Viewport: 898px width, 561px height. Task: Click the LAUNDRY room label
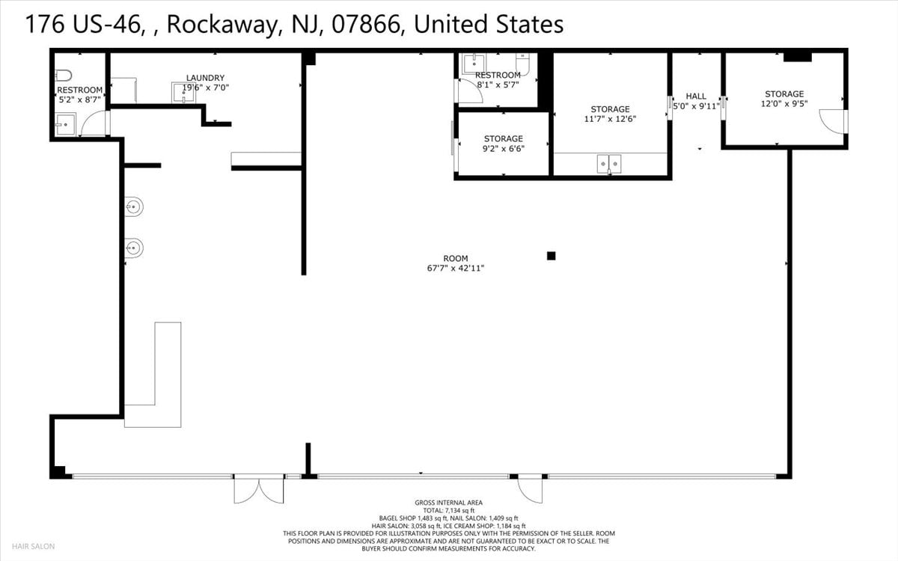(205, 78)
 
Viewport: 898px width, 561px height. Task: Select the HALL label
(696, 96)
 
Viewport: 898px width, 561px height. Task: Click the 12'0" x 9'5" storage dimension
(784, 104)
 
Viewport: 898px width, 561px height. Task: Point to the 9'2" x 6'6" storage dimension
(504, 149)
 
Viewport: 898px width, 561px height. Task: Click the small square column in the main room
(552, 256)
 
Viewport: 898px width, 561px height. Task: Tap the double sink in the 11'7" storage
(609, 164)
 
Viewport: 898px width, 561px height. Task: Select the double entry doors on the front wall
(259, 489)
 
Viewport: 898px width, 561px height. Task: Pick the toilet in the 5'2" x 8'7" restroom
(64, 76)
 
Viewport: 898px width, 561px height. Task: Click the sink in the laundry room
(183, 93)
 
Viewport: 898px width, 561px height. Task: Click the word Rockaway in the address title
(222, 24)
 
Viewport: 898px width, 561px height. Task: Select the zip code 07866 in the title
(366, 24)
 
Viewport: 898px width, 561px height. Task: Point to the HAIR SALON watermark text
(33, 546)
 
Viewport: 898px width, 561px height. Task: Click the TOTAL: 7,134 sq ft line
(448, 510)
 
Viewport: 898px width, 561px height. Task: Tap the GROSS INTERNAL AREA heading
(448, 503)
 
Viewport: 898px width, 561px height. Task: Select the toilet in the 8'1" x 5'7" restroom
(523, 64)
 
